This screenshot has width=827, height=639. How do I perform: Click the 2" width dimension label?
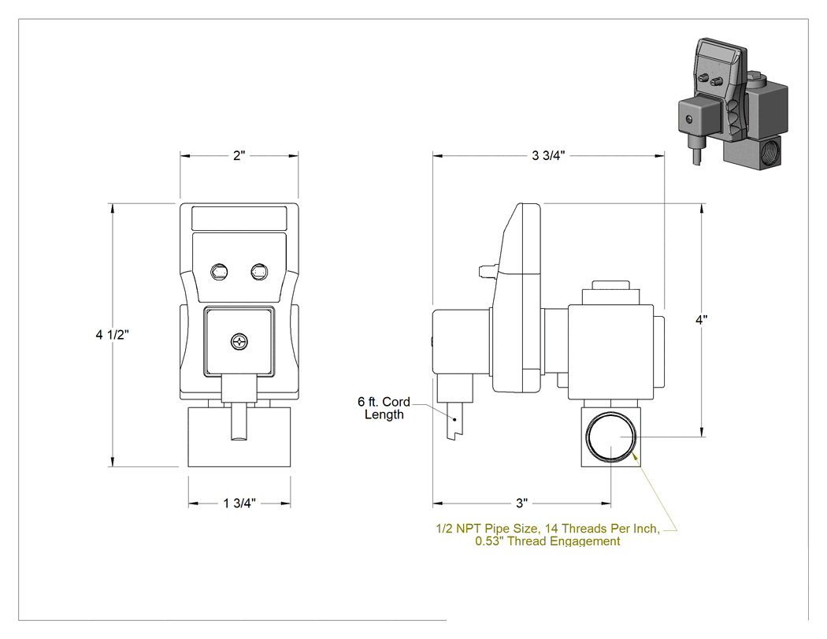pos(239,156)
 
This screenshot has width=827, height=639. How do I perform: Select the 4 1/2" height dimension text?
pos(113,335)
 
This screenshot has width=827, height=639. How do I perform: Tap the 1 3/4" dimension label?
pos(239,503)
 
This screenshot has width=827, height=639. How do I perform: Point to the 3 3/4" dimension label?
pos(548,155)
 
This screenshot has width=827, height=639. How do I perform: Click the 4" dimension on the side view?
pos(702,320)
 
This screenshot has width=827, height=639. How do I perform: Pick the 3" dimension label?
pos(521,503)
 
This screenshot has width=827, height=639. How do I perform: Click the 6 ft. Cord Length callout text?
pos(384,408)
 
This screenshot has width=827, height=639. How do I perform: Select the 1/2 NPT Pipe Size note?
pos(548,534)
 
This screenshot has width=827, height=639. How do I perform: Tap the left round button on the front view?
pos(219,273)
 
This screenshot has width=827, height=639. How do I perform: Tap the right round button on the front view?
pos(259,273)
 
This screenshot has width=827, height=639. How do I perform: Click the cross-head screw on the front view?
pos(239,342)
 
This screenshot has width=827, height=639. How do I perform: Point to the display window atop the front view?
pos(239,218)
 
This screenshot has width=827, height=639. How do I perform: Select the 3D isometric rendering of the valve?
pos(733,103)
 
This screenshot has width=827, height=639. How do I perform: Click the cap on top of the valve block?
pos(610,285)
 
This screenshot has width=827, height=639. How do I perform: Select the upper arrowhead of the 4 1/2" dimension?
pos(113,208)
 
